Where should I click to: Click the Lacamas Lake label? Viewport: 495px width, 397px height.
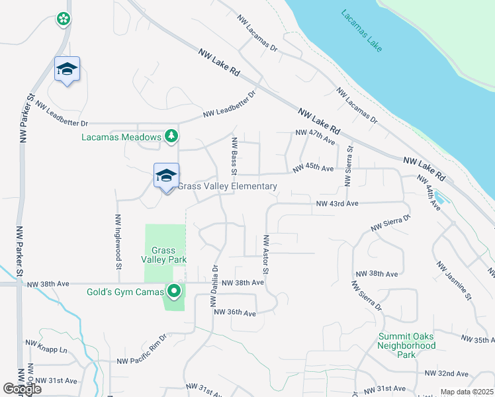pyautogui.click(x=362, y=30)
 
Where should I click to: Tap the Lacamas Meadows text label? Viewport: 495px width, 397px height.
pyautogui.click(x=122, y=137)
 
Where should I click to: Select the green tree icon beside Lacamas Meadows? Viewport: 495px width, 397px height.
pyautogui.click(x=171, y=136)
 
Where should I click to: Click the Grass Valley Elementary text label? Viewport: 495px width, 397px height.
pyautogui.click(x=227, y=187)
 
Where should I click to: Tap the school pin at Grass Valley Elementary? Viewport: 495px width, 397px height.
pyautogui.click(x=166, y=176)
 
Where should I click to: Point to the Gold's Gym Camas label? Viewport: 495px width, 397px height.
pyautogui.click(x=125, y=292)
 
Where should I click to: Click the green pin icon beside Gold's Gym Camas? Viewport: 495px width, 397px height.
pyautogui.click(x=175, y=291)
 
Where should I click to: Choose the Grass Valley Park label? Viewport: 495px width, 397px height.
pyautogui.click(x=163, y=255)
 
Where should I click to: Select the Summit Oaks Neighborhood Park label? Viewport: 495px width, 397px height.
pyautogui.click(x=407, y=345)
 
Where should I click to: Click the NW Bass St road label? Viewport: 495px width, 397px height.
pyautogui.click(x=234, y=156)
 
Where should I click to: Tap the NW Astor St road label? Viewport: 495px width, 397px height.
pyautogui.click(x=266, y=255)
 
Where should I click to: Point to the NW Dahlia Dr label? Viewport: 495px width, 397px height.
pyautogui.click(x=214, y=287)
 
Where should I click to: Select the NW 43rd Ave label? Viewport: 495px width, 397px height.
pyautogui.click(x=337, y=204)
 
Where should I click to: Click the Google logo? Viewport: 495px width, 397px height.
pyautogui.click(x=22, y=389)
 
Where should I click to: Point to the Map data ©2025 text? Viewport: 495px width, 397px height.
pyautogui.click(x=467, y=392)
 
